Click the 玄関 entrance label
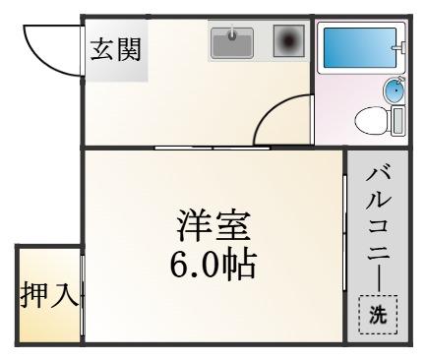[115, 50]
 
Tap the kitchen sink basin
[232, 43]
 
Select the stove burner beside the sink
[289, 40]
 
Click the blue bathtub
[360, 48]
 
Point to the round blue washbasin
[394, 90]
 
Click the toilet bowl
[372, 121]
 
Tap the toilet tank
[397, 121]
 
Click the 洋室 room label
[213, 226]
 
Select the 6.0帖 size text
[213, 265]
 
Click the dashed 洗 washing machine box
[378, 315]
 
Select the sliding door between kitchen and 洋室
[213, 148]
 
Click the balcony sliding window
[344, 233]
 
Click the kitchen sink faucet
[232, 33]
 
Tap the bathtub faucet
[398, 47]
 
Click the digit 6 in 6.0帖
[179, 266]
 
